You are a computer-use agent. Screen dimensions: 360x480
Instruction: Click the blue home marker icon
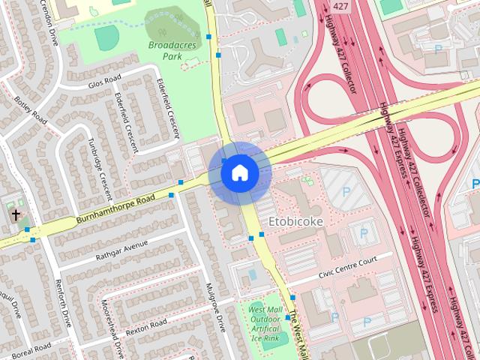point(239,173)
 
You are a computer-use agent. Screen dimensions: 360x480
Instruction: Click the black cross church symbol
point(16,215)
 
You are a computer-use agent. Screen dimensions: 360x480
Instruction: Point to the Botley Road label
point(30,112)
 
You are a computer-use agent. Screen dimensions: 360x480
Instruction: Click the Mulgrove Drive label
point(215,307)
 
